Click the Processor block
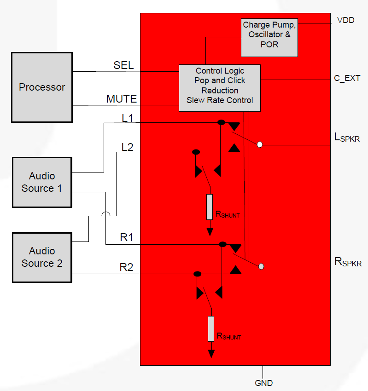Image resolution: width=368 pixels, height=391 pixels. tap(41, 87)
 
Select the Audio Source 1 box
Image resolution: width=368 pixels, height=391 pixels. tap(41, 182)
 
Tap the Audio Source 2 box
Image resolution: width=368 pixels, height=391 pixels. tap(41, 257)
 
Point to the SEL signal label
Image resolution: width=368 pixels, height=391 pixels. tap(123, 65)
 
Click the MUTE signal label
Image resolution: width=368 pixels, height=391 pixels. tap(121, 99)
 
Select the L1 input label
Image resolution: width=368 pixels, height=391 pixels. tap(127, 118)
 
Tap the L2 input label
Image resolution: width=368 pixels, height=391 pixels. tap(127, 147)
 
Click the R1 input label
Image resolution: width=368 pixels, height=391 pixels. tap(127, 238)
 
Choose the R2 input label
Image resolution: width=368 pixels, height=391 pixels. tap(127, 267)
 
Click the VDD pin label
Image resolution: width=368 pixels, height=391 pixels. tap(345, 20)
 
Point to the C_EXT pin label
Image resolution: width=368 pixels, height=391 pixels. tap(347, 78)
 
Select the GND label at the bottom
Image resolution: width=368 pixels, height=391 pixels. tap(263, 383)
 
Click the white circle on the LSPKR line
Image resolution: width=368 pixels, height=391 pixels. tap(260, 144)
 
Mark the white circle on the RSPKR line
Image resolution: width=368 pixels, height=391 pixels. tap(261, 266)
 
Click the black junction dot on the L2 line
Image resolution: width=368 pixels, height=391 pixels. tap(196, 152)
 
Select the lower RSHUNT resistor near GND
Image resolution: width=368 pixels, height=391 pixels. tap(211, 328)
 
